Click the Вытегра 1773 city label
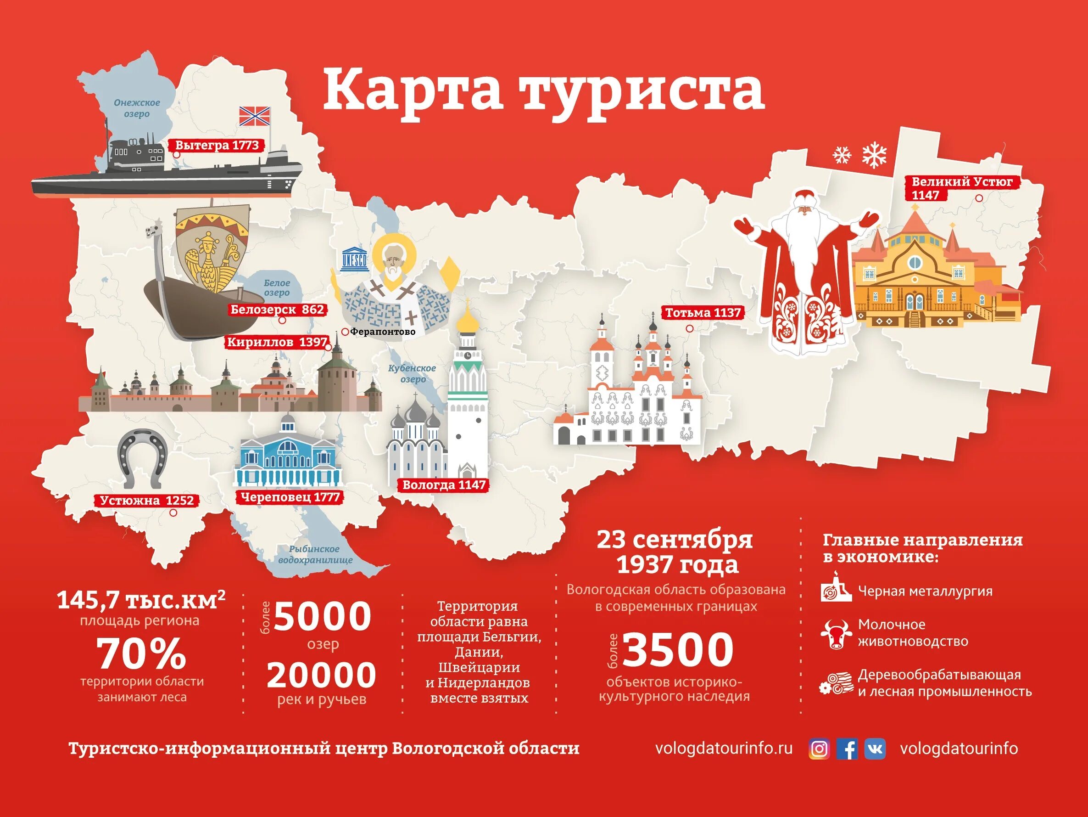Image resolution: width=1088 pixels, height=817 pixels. [x=217, y=146]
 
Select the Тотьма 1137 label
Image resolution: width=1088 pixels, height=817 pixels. [x=703, y=313]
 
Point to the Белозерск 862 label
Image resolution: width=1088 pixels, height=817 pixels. [x=278, y=310]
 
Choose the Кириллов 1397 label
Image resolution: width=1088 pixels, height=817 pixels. [x=277, y=342]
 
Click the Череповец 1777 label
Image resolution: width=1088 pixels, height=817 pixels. [x=290, y=497]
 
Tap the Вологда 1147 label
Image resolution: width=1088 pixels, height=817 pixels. [x=444, y=485]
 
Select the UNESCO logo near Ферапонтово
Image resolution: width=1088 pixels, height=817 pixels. [x=354, y=257]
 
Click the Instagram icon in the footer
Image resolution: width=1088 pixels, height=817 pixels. [x=819, y=749]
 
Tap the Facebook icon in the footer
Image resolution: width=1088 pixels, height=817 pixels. [x=847, y=749]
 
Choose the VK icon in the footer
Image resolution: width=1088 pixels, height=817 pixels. [x=875, y=749]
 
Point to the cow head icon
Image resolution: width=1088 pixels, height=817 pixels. [x=836, y=633]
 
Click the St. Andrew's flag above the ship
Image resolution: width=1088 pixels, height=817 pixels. [x=255, y=116]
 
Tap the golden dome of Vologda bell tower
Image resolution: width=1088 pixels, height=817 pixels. [x=467, y=321]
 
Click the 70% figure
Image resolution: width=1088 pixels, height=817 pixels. [x=142, y=653]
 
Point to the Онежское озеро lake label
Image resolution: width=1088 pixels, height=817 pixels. [x=137, y=108]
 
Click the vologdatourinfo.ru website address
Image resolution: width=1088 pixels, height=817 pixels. [x=724, y=749]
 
